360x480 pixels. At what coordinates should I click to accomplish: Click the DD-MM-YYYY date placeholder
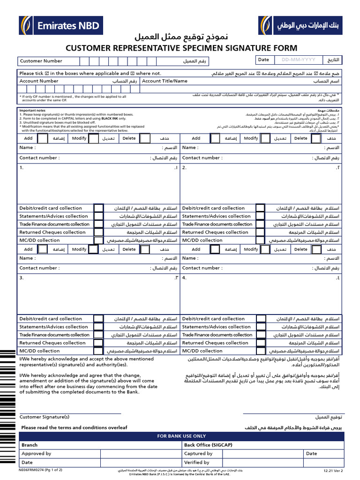299,60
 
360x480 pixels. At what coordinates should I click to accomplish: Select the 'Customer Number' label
41,61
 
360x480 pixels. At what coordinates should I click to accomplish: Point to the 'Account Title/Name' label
165,81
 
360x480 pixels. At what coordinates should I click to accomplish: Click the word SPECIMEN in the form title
192,48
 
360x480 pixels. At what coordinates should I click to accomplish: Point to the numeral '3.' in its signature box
22,278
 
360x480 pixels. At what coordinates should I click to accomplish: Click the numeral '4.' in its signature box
184,278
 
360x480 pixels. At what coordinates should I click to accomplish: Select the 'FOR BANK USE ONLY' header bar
181,436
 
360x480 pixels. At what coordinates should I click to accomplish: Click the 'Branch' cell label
30,445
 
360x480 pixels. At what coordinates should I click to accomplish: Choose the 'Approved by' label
36,453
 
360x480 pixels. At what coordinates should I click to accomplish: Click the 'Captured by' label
198,453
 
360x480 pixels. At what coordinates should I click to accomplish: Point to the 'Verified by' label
197,462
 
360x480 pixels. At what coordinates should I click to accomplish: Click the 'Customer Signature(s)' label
44,417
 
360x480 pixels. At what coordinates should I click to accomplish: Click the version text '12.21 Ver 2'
333,470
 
